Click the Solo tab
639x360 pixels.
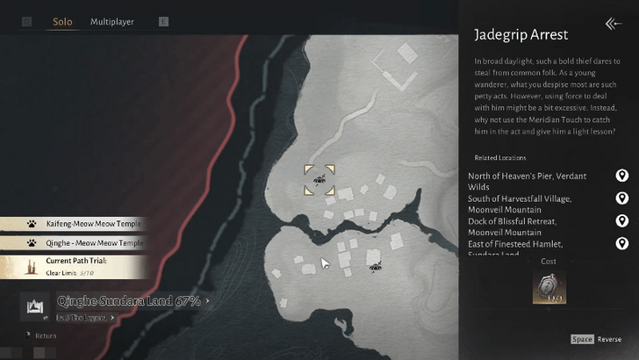[x=62, y=21]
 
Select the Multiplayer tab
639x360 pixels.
[x=112, y=21]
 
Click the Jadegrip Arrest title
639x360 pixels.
[x=521, y=35]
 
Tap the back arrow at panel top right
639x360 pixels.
[x=614, y=24]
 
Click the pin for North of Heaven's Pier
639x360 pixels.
[x=622, y=176]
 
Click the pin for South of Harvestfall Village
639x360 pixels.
[x=622, y=198]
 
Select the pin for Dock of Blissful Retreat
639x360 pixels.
[x=622, y=221]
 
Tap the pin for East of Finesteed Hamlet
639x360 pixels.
[x=622, y=243]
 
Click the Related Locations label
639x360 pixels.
[x=499, y=158]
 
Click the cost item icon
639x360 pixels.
[x=549, y=287]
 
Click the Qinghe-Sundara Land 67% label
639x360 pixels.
[x=129, y=301]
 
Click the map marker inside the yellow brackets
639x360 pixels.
[x=319, y=179]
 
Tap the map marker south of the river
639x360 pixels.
[x=375, y=266]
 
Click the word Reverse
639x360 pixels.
[x=610, y=339]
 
